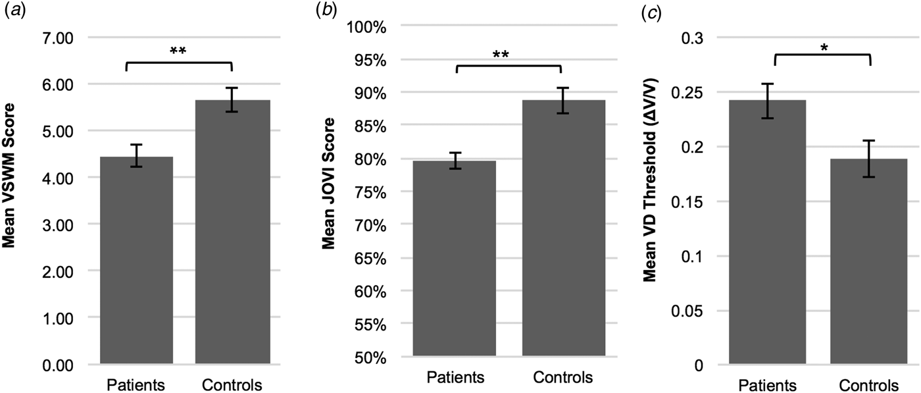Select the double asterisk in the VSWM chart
click(x=178, y=51)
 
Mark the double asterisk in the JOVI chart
click(x=509, y=54)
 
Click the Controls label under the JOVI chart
click(x=563, y=378)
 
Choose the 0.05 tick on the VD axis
click(x=687, y=311)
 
